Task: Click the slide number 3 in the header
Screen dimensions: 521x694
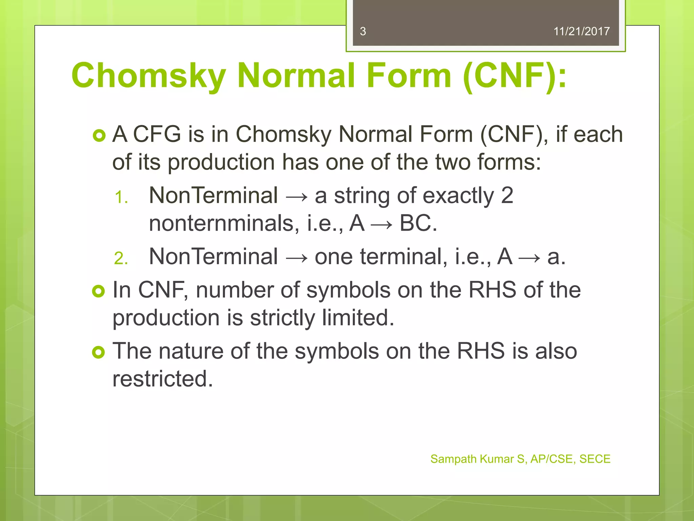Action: pos(363,32)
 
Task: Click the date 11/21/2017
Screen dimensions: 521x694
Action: pos(581,32)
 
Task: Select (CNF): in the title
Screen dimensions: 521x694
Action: pos(514,75)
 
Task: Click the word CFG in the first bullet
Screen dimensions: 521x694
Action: pos(157,134)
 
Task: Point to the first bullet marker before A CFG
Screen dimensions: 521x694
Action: pos(99,136)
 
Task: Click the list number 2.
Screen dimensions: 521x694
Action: pos(121,259)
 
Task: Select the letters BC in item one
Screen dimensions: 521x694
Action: pos(417,224)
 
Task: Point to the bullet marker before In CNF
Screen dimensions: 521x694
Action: pos(99,291)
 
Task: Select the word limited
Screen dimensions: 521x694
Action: pos(358,318)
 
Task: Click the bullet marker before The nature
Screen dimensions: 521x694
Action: pos(99,352)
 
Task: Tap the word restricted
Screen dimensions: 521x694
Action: pos(163,379)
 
